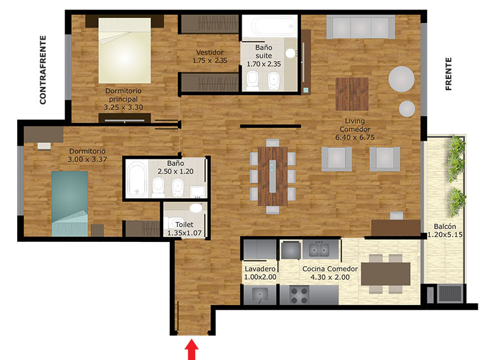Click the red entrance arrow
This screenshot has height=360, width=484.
click(191, 349)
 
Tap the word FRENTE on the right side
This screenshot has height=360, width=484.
click(448, 74)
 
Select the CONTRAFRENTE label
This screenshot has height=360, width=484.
click(43, 70)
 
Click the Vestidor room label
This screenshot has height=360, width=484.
click(210, 52)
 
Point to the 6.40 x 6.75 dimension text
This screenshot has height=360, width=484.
click(355, 137)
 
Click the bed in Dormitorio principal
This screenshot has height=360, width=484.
click(125, 50)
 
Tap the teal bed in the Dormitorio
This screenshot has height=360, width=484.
click(70, 204)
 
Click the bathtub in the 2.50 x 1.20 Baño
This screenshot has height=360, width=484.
click(136, 179)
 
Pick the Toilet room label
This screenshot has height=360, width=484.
click(184, 225)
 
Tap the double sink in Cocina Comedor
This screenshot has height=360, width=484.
click(319, 250)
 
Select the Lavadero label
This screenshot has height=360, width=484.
click(260, 269)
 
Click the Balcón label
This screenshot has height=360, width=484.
click(445, 227)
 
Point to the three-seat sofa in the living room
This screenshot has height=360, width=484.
click(360, 27)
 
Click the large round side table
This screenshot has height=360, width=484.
click(401, 79)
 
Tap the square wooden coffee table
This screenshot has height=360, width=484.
click(352, 94)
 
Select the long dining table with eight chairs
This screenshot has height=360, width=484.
click(272, 176)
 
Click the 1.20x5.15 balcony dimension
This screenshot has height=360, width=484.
click(445, 235)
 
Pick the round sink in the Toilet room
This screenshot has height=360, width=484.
click(196, 208)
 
